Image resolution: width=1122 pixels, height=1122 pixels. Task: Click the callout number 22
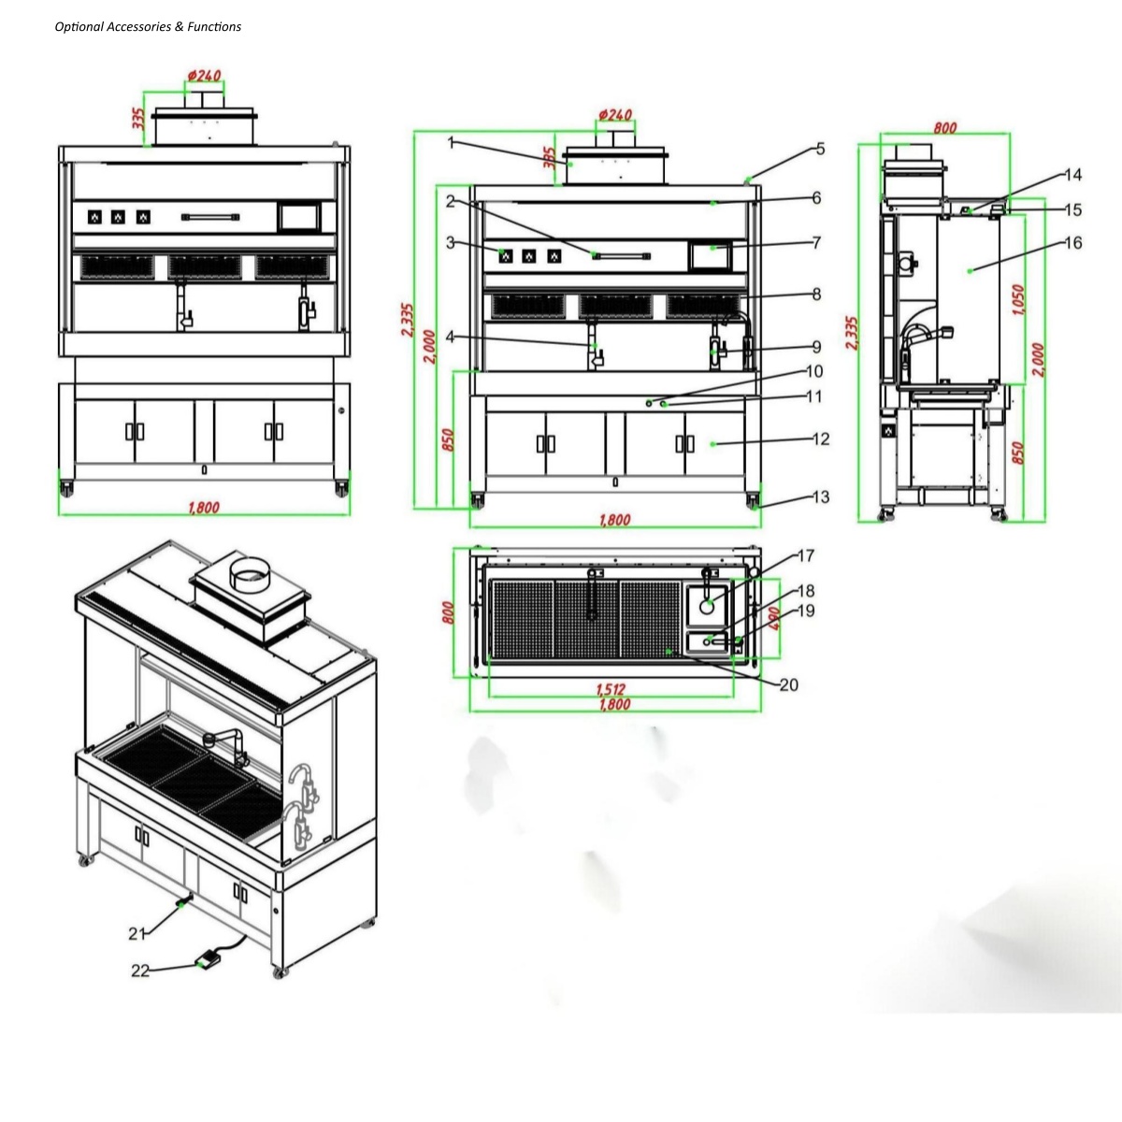tap(140, 971)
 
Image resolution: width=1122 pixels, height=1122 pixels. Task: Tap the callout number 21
tap(137, 934)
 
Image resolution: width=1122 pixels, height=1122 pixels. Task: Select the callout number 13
tap(821, 497)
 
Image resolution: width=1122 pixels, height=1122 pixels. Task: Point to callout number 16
tap(1073, 243)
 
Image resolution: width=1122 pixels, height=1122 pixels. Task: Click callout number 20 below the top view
tap(789, 684)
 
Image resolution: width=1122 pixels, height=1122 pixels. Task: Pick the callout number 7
tap(817, 242)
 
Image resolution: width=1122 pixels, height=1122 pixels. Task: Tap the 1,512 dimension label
tap(611, 689)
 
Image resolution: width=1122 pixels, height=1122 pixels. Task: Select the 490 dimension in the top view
tap(775, 619)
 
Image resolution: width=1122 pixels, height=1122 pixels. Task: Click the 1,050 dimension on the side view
tap(1018, 300)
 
